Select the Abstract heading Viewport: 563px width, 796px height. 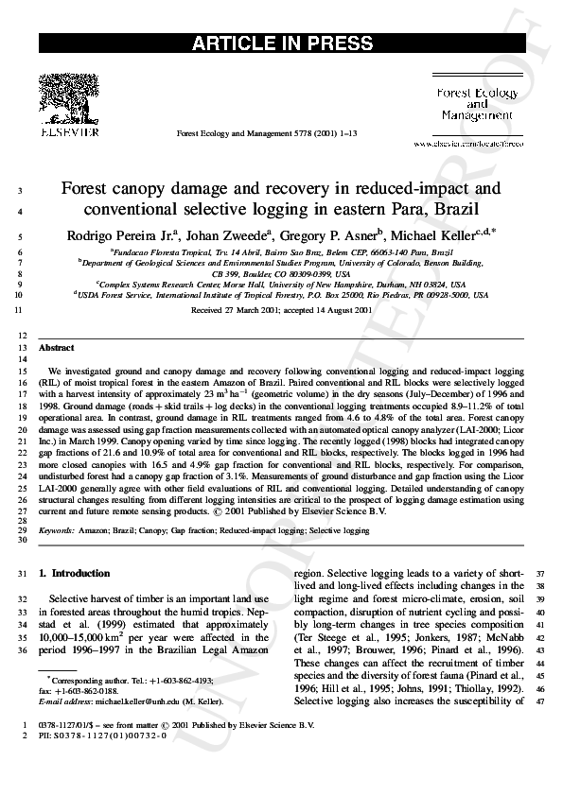pyautogui.click(x=56, y=348)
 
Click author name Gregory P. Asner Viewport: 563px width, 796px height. pyautogui.click(x=335, y=234)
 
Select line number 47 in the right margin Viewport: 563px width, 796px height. pyautogui.click(x=542, y=701)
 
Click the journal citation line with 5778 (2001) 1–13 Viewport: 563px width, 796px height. pyautogui.click(x=267, y=135)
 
